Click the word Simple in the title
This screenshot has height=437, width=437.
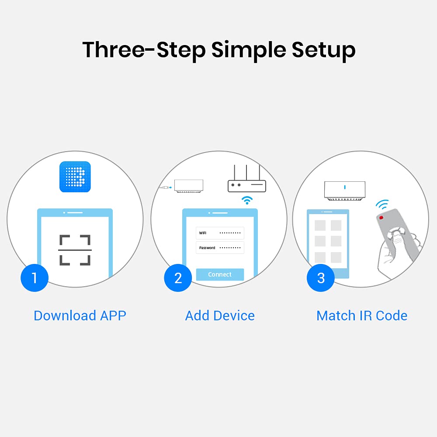point(249,50)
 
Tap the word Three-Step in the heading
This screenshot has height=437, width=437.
point(144,50)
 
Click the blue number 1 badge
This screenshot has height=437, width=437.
point(35,278)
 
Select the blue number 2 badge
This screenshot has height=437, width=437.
point(178,278)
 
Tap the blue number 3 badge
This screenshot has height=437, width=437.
point(320,278)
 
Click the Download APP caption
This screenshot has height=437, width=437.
point(80,316)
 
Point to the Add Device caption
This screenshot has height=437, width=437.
point(220,316)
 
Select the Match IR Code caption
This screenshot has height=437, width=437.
point(362,316)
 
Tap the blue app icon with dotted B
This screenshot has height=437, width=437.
point(75,177)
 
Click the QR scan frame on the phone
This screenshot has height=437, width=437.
point(75,250)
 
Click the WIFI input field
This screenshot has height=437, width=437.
point(220,233)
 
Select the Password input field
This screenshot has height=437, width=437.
point(220,248)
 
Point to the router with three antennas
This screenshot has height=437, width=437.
point(246,178)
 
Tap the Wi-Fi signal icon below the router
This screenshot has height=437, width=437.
point(247,200)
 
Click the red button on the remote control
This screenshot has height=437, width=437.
point(381,218)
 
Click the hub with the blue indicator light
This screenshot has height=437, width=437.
point(345,191)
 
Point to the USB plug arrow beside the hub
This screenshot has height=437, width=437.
point(166,187)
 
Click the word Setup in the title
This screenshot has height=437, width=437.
point(323,50)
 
